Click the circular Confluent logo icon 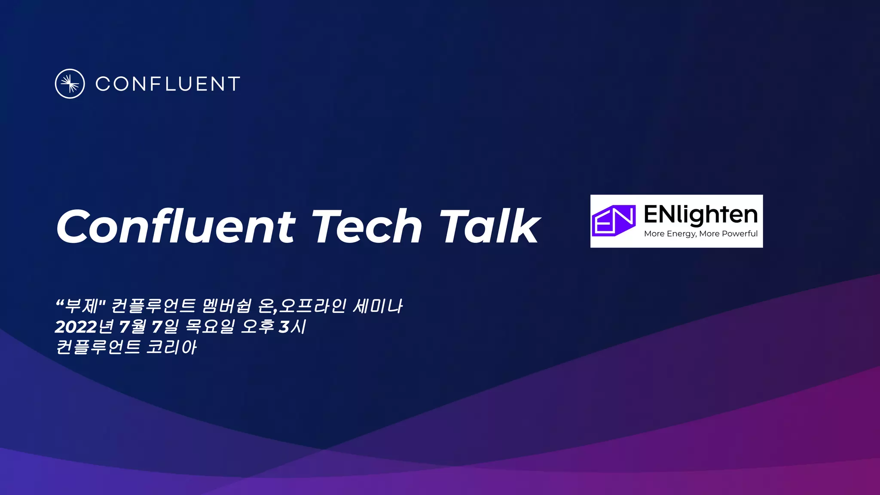point(70,84)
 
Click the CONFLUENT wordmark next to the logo point(168,84)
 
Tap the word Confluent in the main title point(176,226)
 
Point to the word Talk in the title point(489,226)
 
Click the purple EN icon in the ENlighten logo point(614,220)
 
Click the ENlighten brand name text point(700,214)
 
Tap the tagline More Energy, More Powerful point(700,234)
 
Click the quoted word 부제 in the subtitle point(82,306)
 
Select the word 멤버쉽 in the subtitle point(226,306)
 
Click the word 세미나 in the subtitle point(377,306)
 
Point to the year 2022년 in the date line point(84,327)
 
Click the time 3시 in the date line point(293,327)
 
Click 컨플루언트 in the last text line point(98,347)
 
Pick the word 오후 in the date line point(257,327)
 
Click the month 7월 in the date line point(132,327)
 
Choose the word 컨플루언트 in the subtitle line point(153,306)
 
